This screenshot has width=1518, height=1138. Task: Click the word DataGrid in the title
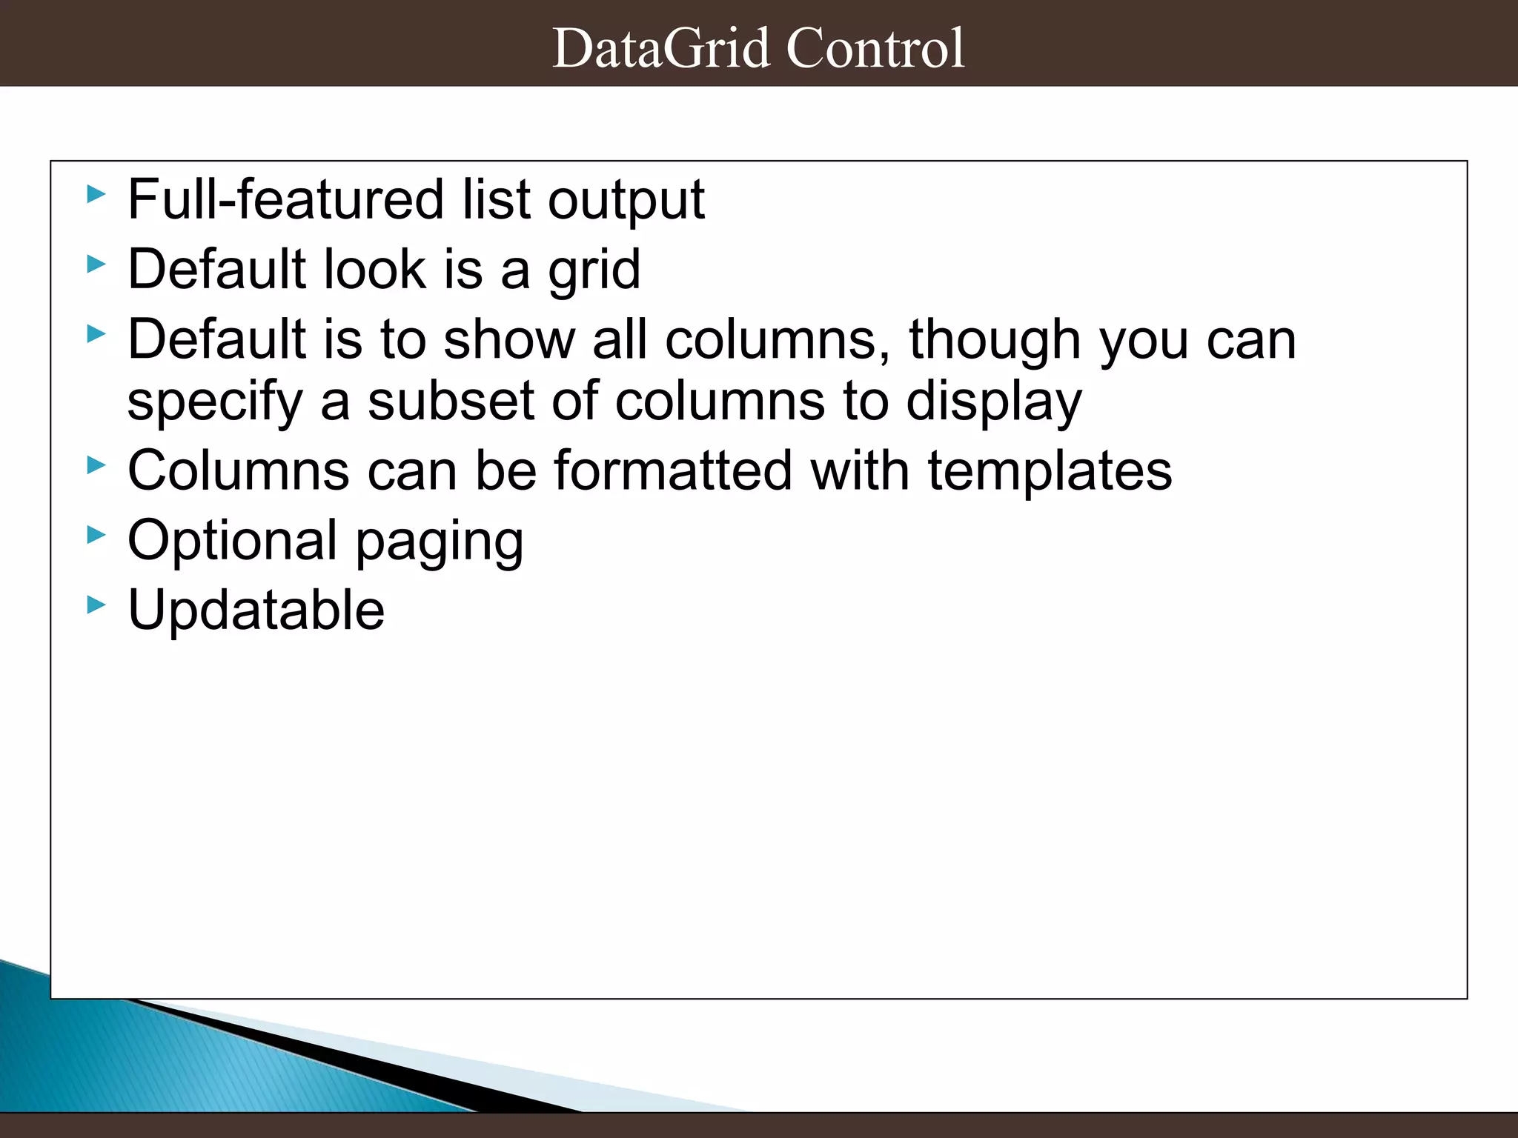click(661, 48)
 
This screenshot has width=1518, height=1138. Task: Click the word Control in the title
click(875, 48)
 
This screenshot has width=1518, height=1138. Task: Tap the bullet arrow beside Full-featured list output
click(96, 195)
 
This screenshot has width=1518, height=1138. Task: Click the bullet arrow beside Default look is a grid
click(96, 264)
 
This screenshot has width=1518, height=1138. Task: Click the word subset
click(451, 401)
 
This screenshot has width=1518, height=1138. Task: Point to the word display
click(994, 402)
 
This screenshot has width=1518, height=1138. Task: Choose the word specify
click(215, 402)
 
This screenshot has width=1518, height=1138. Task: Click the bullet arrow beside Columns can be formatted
click(96, 465)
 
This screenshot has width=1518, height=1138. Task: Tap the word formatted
click(673, 470)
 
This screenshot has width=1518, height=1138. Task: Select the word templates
click(1050, 472)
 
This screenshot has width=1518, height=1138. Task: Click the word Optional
click(233, 541)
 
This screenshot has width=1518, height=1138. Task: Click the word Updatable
click(256, 610)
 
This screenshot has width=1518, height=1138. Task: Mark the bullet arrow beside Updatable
click(96, 605)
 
